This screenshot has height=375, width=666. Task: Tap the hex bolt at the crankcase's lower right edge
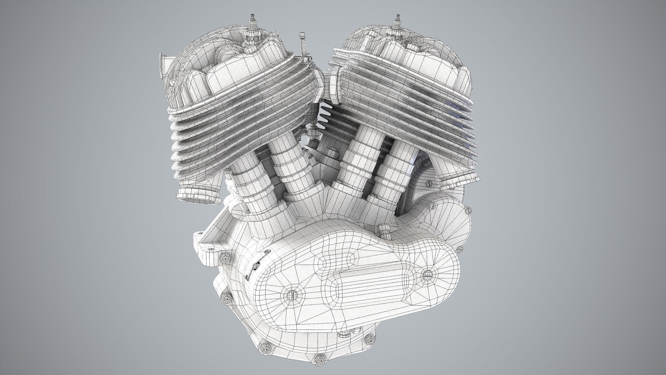click(369, 340)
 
